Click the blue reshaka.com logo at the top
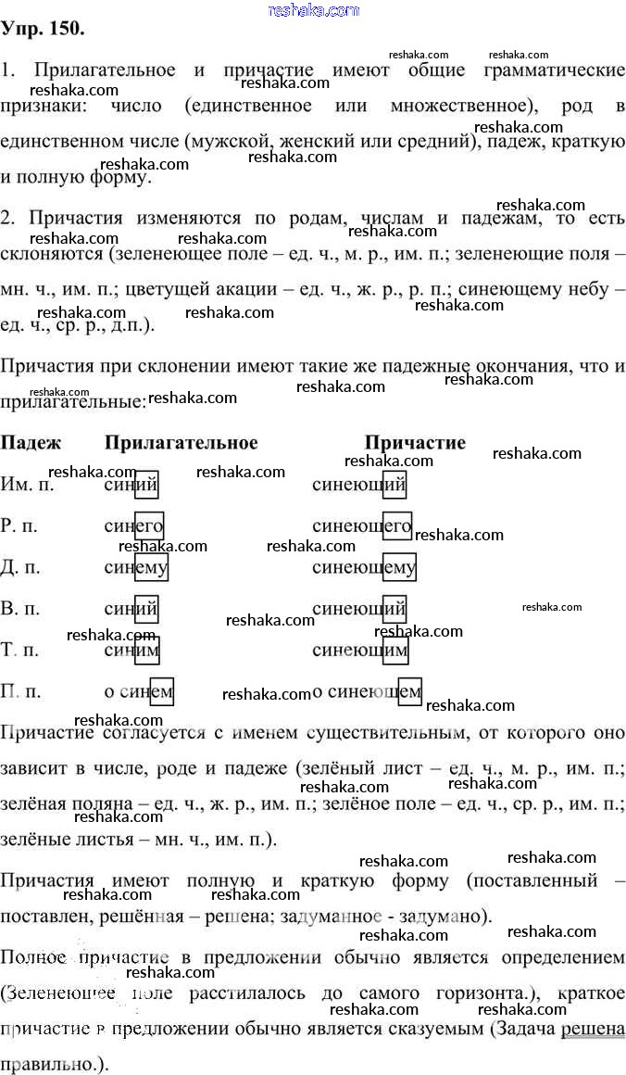(x=313, y=10)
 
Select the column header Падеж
(x=31, y=443)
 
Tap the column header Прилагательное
(x=182, y=443)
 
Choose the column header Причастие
(x=415, y=443)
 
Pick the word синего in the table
(x=134, y=526)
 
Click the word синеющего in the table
(x=362, y=526)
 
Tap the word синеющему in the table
(x=364, y=567)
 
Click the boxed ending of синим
(x=146, y=650)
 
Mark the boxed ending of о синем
(x=161, y=690)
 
